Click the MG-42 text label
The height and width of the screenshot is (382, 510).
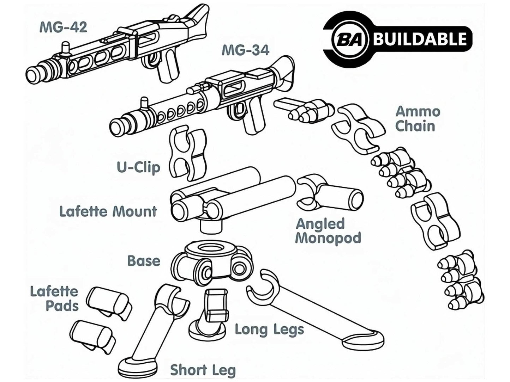pos(63,27)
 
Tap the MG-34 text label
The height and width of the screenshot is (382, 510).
pos(245,50)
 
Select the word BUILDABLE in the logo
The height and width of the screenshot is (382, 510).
pos(420,39)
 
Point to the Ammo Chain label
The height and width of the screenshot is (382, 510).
pos(417,119)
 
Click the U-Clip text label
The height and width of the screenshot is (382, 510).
pos(138,167)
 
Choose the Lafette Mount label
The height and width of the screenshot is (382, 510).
pos(108,211)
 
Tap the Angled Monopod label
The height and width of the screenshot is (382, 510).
pos(328,231)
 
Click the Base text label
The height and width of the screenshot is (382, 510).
pos(144,261)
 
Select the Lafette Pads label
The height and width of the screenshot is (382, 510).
pos(54,298)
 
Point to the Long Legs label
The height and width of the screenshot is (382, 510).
pos(269,329)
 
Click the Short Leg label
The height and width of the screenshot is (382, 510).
pos(203,370)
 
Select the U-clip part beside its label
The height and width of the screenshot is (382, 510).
pos(187,153)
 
